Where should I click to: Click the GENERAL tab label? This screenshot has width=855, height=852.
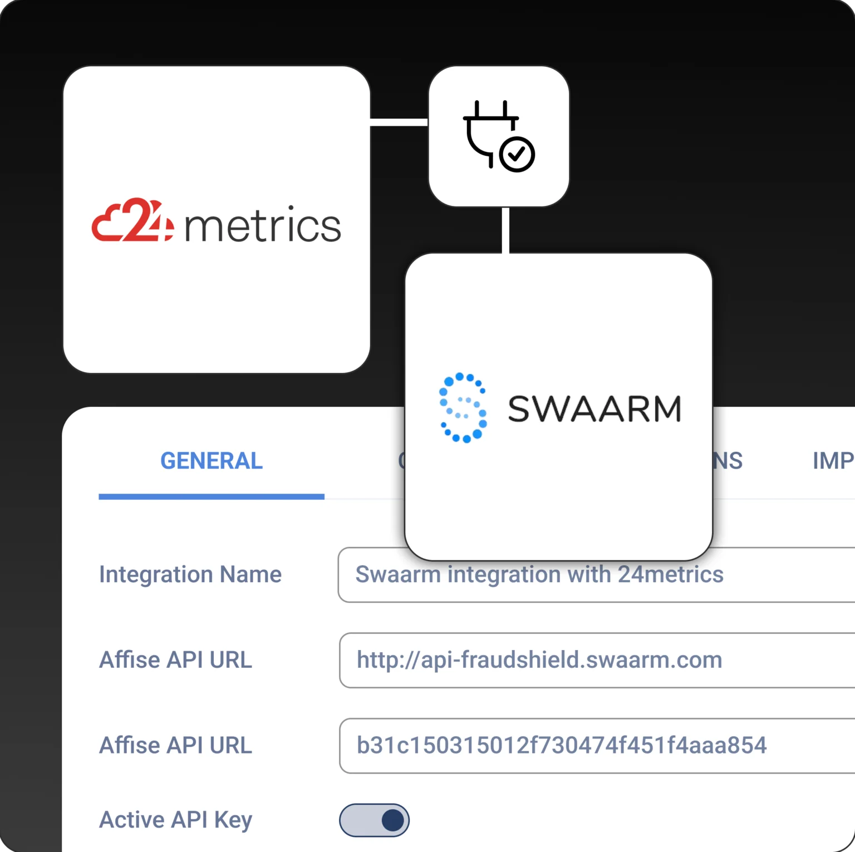coord(211,461)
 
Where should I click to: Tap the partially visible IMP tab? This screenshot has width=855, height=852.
coord(833,461)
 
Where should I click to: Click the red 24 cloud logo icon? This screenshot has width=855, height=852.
coord(132,220)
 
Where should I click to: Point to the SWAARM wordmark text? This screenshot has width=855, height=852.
coord(594,409)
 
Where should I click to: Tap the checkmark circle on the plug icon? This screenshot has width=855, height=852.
coord(517,154)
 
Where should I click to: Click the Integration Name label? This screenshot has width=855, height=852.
coord(190,574)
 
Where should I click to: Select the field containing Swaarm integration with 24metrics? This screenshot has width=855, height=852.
coord(596,575)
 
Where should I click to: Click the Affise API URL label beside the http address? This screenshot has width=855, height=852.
coord(175,660)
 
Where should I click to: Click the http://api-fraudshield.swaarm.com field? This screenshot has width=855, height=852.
coord(596,661)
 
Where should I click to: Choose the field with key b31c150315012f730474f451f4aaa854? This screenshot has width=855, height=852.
coord(596,746)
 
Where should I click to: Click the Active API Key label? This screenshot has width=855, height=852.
coord(175,820)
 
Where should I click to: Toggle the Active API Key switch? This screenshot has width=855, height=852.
coord(374,820)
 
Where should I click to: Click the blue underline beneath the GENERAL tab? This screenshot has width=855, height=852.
coord(212,496)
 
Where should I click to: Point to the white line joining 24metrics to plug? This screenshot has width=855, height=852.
coord(399,122)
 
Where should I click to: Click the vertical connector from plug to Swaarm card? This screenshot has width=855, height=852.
coord(505,230)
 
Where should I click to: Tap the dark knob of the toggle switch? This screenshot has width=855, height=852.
coord(393,820)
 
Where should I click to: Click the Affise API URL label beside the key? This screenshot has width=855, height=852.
coord(175,746)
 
